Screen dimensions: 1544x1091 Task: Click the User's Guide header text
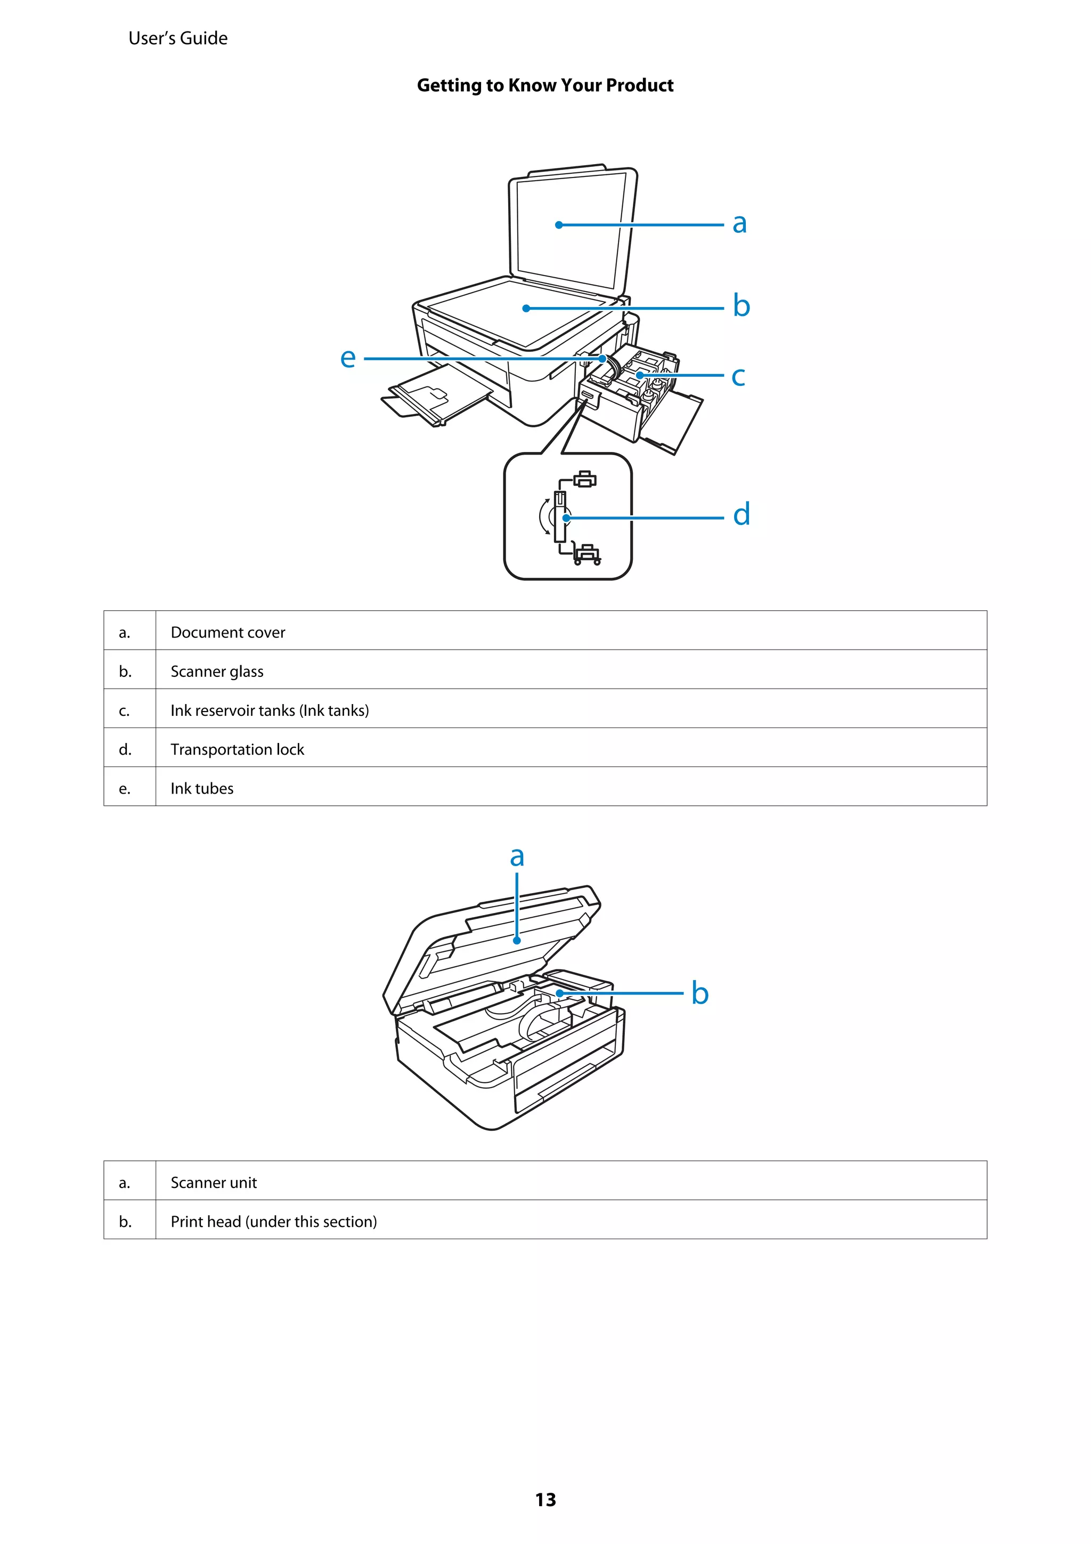coord(177,38)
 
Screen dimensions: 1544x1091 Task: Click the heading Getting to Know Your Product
coord(544,85)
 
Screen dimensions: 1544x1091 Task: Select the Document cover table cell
coord(228,632)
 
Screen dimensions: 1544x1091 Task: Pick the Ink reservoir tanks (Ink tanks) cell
coord(270,710)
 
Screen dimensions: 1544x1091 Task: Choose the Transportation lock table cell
coord(237,749)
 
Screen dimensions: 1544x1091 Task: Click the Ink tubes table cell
coord(202,788)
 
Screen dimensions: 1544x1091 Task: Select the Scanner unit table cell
coord(213,1182)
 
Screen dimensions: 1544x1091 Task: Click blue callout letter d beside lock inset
coord(741,514)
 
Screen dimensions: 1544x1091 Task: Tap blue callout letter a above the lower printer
coord(516,856)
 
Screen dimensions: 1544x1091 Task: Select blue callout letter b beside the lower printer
coord(700,993)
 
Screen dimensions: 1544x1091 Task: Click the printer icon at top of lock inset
coord(585,479)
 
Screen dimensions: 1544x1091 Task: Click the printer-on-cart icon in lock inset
coord(587,553)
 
